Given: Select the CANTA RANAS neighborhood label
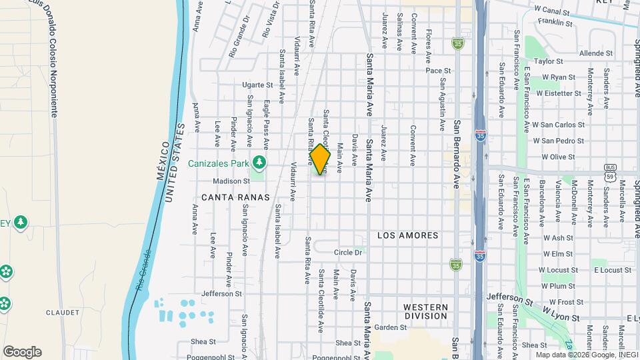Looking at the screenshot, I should click(235, 197).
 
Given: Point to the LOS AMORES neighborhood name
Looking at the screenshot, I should click(408, 235).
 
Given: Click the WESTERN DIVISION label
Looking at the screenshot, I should click(425, 311).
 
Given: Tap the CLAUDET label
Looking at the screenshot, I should click(63, 312).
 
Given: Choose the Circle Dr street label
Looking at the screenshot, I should click(348, 253).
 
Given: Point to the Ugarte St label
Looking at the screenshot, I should click(257, 85).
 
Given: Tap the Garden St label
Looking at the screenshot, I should click(390, 327).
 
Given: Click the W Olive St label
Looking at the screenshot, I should click(558, 157).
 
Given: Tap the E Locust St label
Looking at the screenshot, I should click(611, 270).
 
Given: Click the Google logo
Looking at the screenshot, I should click(22, 351).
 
